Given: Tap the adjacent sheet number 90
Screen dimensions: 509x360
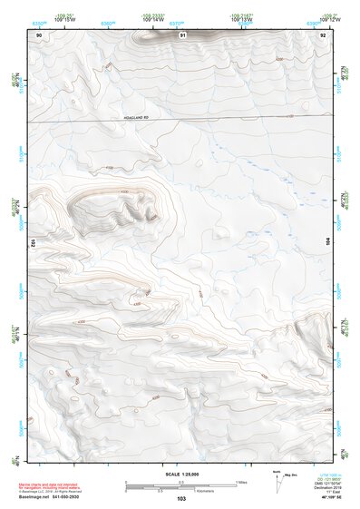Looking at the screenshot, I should coord(39,34).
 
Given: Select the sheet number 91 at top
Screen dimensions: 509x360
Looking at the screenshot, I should coord(183,34).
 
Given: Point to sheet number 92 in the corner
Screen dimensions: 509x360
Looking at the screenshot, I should coord(324,34).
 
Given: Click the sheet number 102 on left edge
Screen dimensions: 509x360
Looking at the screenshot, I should coord(32,243).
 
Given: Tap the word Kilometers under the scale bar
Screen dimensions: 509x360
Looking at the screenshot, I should coord(182,490).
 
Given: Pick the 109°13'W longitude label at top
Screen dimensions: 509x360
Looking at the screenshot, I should coord(240,19).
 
